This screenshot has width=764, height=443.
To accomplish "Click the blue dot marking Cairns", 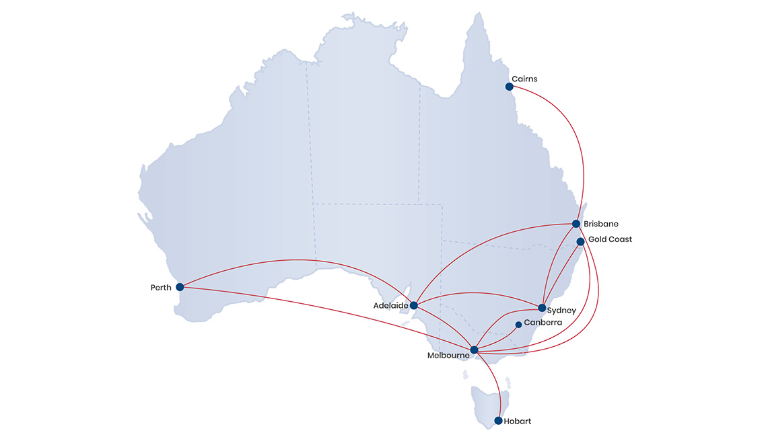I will (x=509, y=87).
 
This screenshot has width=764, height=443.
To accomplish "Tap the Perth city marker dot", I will (x=180, y=287).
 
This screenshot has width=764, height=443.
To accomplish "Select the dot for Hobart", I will (x=498, y=421).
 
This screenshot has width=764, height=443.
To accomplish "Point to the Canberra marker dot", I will (x=518, y=325).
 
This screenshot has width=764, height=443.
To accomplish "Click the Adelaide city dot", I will (x=413, y=305).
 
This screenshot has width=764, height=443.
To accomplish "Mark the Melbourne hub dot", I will (x=474, y=350).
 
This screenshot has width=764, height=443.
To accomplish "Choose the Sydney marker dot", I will (x=542, y=308).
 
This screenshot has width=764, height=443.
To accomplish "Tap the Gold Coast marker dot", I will (x=580, y=241).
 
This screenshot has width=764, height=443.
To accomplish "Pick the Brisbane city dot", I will (x=576, y=224).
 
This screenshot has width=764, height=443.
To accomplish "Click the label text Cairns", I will (x=524, y=79).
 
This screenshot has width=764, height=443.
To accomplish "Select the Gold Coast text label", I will (x=610, y=239).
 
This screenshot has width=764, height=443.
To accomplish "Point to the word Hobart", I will (x=518, y=421).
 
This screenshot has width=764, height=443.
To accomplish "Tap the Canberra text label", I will (x=543, y=323).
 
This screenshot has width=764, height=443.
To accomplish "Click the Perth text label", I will (x=162, y=288).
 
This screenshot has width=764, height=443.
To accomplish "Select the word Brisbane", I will (x=601, y=224).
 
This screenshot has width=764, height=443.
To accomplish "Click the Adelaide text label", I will (x=390, y=306).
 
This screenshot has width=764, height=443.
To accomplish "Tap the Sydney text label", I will (x=561, y=311).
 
